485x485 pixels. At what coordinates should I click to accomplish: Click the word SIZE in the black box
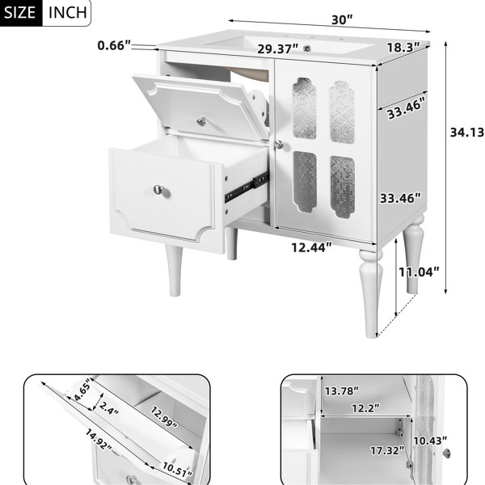tap(19, 12)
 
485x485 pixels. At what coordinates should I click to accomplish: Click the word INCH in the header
tap(68, 12)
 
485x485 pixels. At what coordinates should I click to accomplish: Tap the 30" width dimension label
tap(342, 19)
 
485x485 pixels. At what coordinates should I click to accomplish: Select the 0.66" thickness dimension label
tap(115, 45)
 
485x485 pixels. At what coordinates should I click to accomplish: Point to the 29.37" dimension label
tap(278, 48)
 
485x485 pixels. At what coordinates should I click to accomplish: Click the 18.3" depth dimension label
tap(403, 48)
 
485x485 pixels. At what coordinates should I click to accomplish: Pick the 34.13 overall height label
tap(467, 133)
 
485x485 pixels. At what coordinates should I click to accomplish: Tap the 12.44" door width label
tap(311, 247)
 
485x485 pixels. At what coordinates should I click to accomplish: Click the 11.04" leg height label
tap(419, 272)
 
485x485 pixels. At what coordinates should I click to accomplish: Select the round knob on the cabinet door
tap(279, 144)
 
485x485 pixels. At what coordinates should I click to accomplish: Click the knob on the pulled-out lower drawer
tap(159, 190)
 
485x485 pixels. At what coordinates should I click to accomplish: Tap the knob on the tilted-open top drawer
tap(201, 121)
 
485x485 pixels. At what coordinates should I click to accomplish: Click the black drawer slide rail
tap(247, 187)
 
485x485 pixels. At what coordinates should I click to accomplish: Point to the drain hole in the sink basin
tap(307, 48)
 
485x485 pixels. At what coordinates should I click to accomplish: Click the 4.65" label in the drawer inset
tap(82, 390)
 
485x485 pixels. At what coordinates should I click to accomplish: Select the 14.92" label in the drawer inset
tap(99, 439)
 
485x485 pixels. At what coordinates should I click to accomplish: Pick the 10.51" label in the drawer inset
tap(178, 470)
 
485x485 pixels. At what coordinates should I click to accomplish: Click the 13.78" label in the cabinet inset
tap(341, 391)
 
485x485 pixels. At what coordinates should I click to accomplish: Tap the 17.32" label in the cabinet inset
tap(387, 450)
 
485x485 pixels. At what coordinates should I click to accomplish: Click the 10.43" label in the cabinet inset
tap(430, 441)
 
